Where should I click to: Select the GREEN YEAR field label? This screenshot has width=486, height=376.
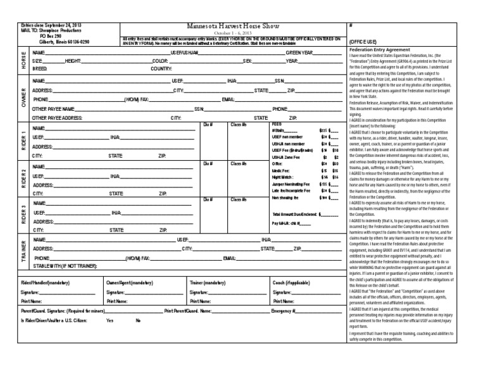click(301, 53)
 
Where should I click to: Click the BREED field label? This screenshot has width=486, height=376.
click(40, 68)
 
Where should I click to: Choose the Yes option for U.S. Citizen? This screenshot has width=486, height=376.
click(110, 321)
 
